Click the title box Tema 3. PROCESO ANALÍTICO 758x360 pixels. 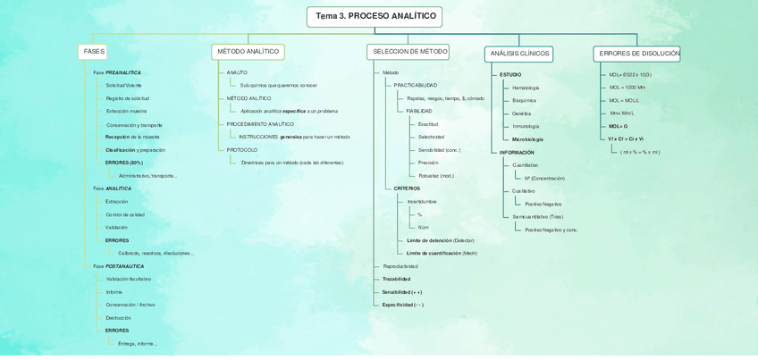click(375, 17)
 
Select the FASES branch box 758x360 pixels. click(93, 52)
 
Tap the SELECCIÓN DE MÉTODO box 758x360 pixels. click(408, 52)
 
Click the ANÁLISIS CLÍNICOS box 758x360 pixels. click(519, 54)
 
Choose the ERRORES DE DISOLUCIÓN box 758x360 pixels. click(637, 54)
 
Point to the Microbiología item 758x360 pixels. click(527, 139)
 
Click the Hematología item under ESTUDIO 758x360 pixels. click(526, 88)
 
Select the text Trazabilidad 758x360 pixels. click(396, 279)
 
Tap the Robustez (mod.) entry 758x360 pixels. click(435, 176)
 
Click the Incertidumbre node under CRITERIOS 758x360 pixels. click(422, 202)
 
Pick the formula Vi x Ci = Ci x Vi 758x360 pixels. click(626, 139)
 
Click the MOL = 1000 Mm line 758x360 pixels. click(627, 88)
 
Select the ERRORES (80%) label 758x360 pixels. click(123, 163)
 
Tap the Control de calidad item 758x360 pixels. click(125, 214)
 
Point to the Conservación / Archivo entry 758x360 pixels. click(131, 305)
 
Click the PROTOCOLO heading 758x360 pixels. click(241, 150)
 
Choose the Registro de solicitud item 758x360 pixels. click(127, 98)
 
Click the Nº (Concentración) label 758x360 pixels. click(544, 179)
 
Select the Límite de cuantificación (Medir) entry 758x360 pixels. click(442, 254)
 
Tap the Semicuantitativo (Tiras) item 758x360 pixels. click(537, 217)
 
